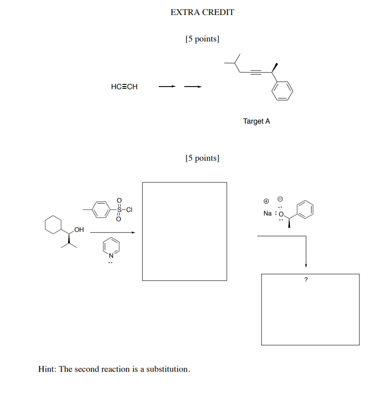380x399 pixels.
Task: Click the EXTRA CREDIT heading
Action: pyautogui.click(x=202, y=12)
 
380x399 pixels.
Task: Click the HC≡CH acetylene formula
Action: pyautogui.click(x=124, y=87)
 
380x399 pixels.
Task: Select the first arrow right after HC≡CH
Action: pyautogui.click(x=168, y=87)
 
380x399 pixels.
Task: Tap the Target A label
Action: pyautogui.click(x=256, y=121)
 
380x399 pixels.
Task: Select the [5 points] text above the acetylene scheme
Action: pyautogui.click(x=203, y=39)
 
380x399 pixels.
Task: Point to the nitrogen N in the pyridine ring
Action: pyautogui.click(x=111, y=255)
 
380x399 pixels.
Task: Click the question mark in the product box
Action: pyautogui.click(x=305, y=279)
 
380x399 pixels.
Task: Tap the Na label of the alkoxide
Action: pyautogui.click(x=267, y=213)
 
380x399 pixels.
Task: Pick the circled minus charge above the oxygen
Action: pyautogui.click(x=280, y=198)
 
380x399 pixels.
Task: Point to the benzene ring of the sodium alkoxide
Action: pyautogui.click(x=305, y=209)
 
